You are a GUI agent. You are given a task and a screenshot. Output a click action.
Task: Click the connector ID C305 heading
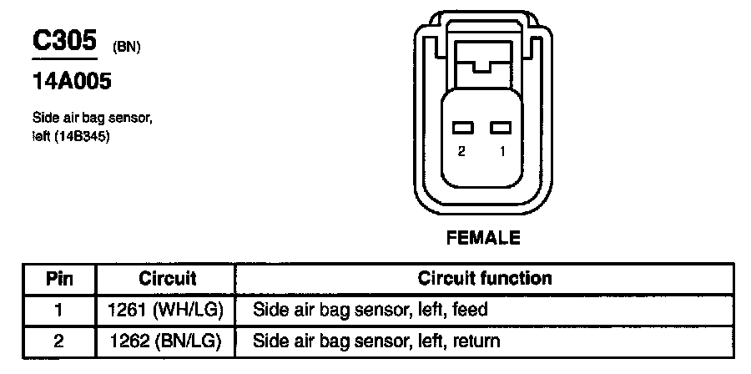click(64, 42)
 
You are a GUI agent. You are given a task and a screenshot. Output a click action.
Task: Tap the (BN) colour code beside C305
click(125, 48)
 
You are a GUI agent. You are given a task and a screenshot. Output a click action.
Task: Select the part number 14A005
click(72, 83)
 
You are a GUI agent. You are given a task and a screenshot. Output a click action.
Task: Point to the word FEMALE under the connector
click(483, 238)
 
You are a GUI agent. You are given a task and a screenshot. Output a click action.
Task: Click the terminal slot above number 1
click(500, 128)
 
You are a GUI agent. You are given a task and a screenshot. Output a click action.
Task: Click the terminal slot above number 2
click(462, 128)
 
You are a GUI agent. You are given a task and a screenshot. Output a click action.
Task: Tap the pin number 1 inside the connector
click(502, 151)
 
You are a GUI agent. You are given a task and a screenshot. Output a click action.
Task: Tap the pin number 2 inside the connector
click(461, 151)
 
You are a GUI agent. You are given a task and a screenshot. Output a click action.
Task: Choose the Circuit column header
click(167, 278)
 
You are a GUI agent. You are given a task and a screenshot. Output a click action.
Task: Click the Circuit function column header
click(484, 278)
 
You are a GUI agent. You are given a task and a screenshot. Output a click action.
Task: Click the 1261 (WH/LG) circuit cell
click(166, 309)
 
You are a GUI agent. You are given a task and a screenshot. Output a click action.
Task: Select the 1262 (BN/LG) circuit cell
click(166, 340)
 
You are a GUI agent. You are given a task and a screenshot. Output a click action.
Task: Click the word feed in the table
click(471, 309)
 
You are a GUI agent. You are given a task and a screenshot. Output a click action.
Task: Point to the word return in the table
click(477, 341)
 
